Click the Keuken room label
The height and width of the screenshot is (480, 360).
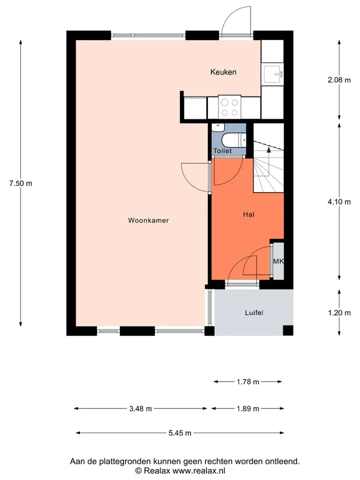223,72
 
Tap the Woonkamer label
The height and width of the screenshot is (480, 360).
148,220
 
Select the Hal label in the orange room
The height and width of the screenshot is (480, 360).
248,214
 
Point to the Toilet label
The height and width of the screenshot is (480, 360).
222,150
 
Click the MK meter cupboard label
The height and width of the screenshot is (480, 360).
278,261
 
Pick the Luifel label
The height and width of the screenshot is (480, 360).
254,312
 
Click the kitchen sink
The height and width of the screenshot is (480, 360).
273,74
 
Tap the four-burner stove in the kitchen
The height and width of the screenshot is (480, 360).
229,107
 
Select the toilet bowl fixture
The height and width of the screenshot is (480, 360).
233,140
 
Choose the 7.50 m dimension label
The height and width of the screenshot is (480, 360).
21,183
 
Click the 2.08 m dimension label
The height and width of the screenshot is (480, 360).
339,80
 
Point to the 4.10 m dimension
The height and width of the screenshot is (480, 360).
339,202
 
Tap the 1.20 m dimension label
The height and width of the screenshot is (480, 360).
339,313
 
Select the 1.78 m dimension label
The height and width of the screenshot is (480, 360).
248,381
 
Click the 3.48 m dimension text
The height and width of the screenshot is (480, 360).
140,408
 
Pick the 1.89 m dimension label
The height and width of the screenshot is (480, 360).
248,408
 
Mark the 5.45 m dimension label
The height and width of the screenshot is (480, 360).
180,433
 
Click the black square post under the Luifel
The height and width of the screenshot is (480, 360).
288,330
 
